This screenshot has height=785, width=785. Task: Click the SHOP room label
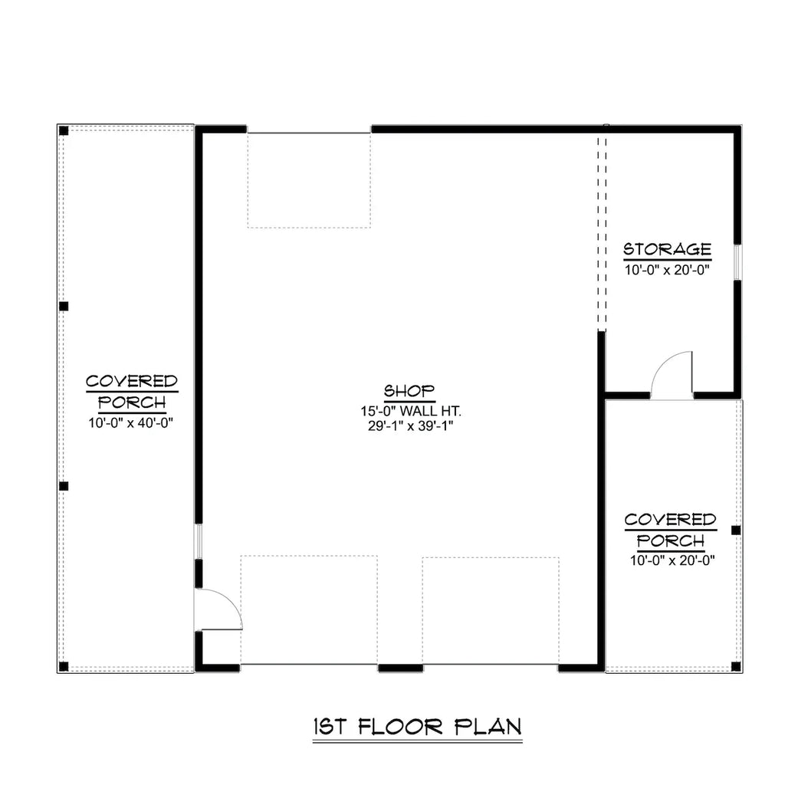pyautogui.click(x=409, y=391)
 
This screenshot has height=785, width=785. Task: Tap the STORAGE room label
pyautogui.click(x=667, y=249)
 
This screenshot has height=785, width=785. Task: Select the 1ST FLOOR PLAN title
pyautogui.click(x=417, y=726)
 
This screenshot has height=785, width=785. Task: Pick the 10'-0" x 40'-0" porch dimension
pyautogui.click(x=132, y=422)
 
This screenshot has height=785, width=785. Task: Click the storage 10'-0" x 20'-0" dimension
pyautogui.click(x=667, y=269)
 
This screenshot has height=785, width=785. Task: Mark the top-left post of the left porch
pyautogui.click(x=64, y=131)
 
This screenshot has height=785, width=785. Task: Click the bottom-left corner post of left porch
pyautogui.click(x=64, y=665)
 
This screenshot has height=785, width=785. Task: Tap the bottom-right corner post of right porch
pyautogui.click(x=736, y=665)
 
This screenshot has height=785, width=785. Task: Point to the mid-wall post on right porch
pyautogui.click(x=736, y=530)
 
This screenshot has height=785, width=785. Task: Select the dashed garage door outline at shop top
pyautogui.click(x=309, y=180)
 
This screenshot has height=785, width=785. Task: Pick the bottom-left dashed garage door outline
pyautogui.click(x=309, y=610)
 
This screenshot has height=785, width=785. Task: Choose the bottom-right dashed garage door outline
pyautogui.click(x=491, y=610)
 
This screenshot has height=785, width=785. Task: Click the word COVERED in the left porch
pyautogui.click(x=132, y=381)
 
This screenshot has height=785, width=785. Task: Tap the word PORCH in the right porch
pyautogui.click(x=671, y=540)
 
